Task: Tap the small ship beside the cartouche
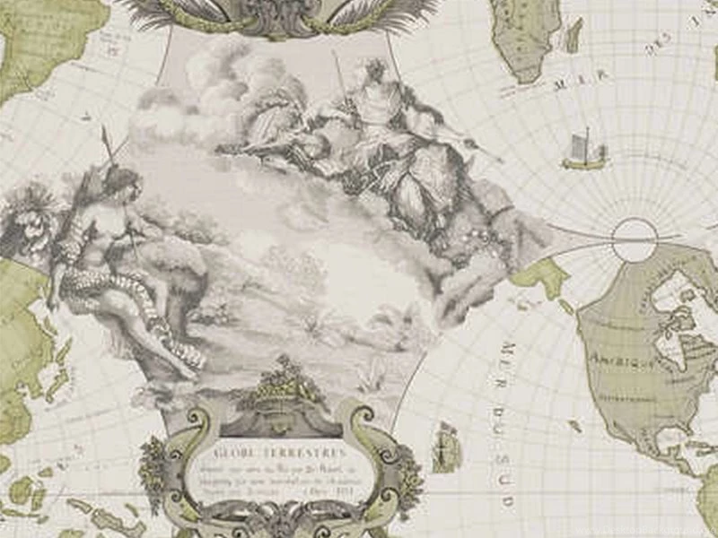tap(446, 447)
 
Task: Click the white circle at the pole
tap(635, 239)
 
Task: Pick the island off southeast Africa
tap(572, 35)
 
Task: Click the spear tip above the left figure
tap(106, 134)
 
